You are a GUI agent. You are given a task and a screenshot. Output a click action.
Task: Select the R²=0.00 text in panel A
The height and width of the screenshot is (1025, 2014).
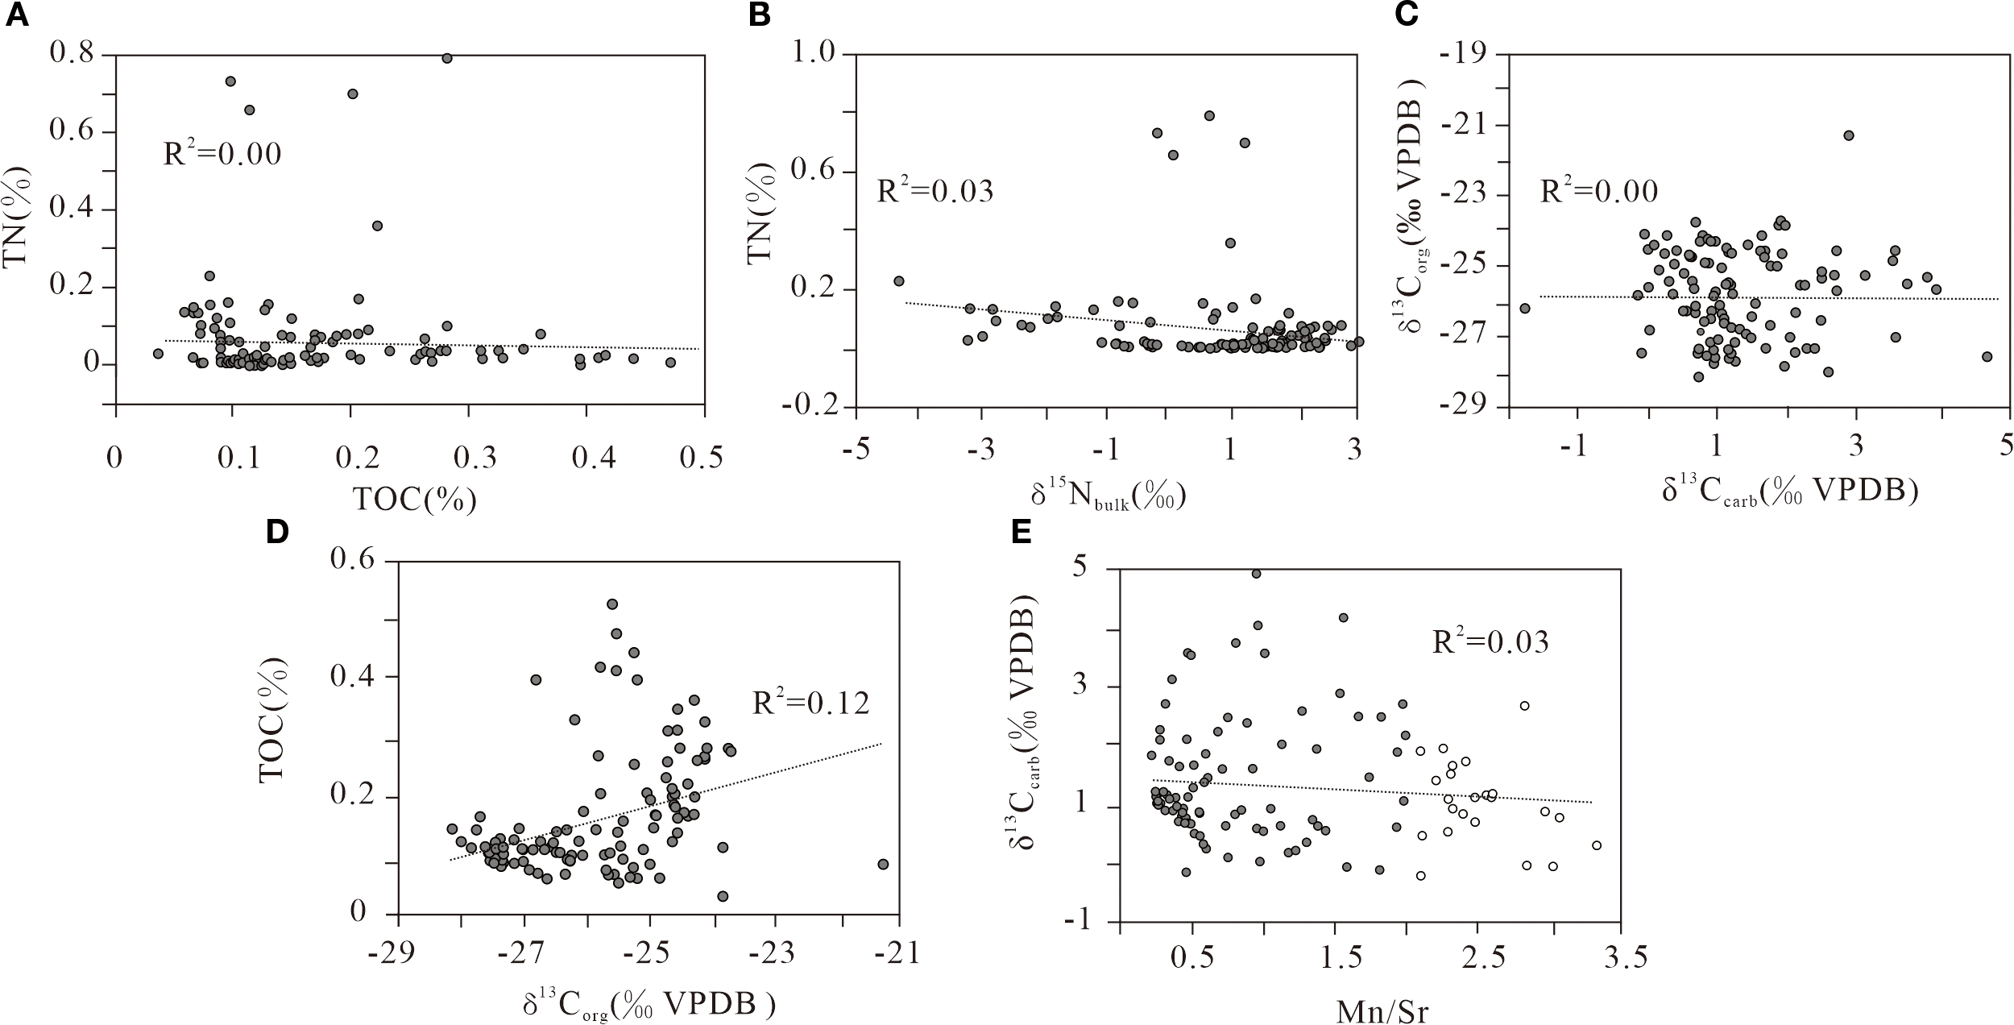click(222, 153)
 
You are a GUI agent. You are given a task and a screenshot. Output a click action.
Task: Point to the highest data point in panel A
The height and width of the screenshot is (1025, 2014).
click(447, 58)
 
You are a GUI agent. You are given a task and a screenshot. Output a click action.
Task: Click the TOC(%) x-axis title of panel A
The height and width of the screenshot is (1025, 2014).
click(415, 500)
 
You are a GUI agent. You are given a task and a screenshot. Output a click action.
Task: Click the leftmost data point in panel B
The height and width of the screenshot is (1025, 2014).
click(899, 281)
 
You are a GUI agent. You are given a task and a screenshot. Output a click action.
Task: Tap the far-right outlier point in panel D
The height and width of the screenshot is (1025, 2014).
click(883, 864)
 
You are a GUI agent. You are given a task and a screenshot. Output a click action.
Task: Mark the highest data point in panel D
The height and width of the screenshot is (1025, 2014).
click(612, 604)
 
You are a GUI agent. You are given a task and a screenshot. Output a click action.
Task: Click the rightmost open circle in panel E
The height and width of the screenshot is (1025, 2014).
click(1597, 845)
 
